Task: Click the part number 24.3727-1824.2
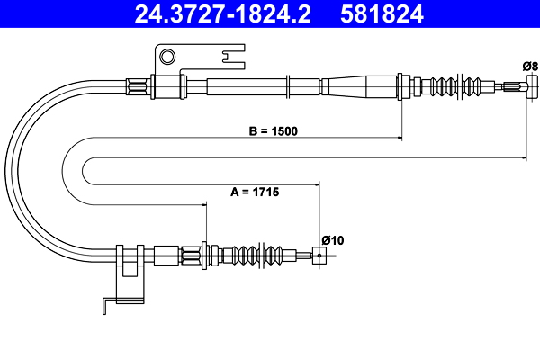click(x=222, y=13)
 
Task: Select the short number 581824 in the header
click(x=382, y=13)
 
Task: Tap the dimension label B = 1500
click(x=273, y=131)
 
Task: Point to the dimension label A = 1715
click(x=255, y=192)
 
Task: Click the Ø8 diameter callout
click(x=530, y=66)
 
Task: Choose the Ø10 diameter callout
click(x=333, y=240)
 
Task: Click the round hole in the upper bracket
click(x=167, y=57)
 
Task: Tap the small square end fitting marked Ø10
click(x=319, y=256)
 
